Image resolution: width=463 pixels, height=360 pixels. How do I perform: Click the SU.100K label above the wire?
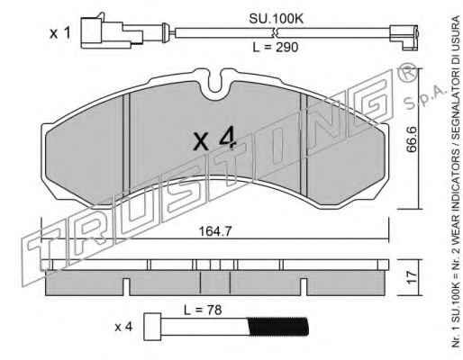277,19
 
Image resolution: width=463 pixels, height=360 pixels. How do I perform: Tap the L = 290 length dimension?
276,47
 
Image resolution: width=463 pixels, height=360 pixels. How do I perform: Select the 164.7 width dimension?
215,231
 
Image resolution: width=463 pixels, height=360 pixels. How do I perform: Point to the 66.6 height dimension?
412,139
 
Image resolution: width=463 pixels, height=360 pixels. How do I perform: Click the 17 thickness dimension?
412,277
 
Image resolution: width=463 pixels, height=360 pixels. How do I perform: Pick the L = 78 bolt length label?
203,310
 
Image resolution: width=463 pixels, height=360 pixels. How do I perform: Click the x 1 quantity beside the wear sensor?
60,33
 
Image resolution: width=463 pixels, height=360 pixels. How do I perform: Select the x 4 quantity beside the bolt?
123,327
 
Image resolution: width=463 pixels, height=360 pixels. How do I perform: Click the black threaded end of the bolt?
278,327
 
